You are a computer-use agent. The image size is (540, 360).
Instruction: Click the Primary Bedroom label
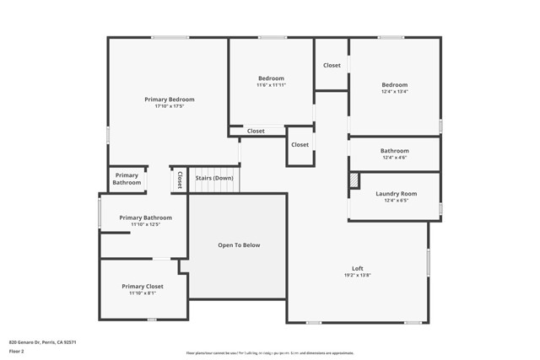coord(169,99)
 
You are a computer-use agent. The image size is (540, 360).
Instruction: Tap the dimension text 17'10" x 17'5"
coord(169,106)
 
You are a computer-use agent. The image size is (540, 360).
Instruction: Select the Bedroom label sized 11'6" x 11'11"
coord(271,78)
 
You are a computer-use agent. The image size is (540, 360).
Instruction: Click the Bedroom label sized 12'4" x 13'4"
coord(394,85)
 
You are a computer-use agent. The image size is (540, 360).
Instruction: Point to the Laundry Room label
coord(396,194)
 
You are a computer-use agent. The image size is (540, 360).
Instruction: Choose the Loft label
coord(357,268)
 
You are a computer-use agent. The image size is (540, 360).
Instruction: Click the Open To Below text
coord(239,245)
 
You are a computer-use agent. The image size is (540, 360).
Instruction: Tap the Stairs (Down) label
coord(214,178)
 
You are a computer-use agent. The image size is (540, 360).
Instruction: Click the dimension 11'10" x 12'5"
coord(146,224)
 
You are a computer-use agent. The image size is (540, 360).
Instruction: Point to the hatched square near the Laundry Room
coord(354,180)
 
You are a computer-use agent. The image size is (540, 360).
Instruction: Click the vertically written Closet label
coord(180,180)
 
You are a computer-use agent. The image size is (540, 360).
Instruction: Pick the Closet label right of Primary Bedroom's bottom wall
coord(256,132)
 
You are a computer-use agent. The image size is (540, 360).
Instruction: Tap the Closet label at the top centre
coord(332,65)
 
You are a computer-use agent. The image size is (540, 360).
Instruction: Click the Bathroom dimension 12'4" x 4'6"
coord(394,158)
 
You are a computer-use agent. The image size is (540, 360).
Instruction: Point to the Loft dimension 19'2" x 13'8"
coord(357,275)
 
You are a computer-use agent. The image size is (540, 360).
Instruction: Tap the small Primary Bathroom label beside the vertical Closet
coord(127,179)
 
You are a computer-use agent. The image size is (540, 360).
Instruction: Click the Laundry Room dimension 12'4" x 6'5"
coord(396,201)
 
